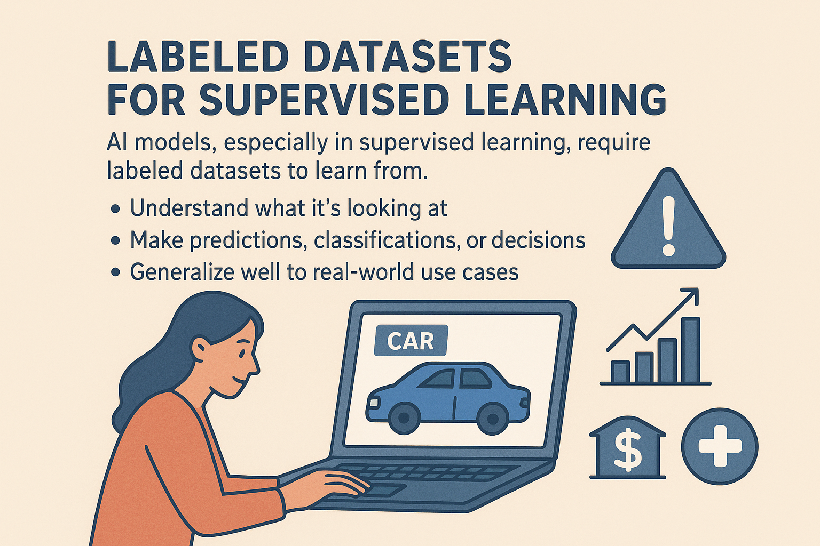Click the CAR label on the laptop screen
coord(411,341)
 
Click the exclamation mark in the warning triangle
coord(668,226)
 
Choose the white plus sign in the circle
coord(720,446)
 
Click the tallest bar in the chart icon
coord(690,350)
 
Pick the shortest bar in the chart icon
coord(620,372)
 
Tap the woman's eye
coord(241,354)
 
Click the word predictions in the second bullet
coord(248,240)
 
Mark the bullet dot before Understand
coord(115,209)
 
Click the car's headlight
coord(374,403)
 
